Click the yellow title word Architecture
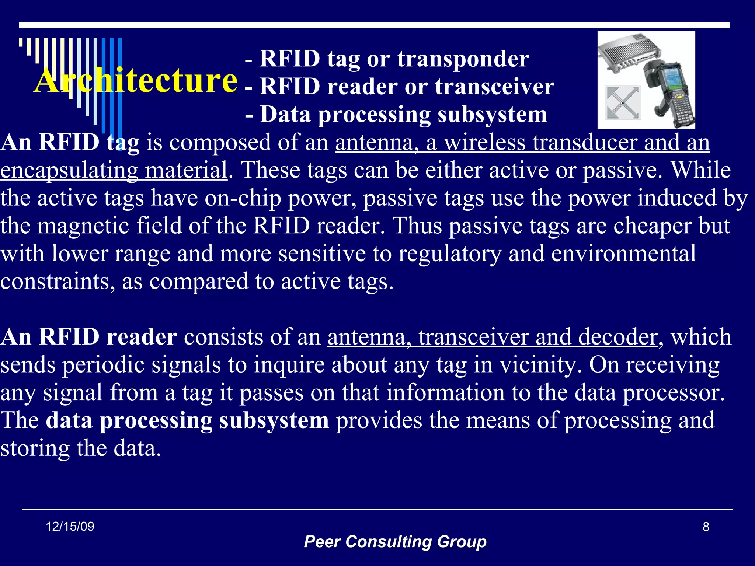point(136,80)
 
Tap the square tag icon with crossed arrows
point(623,103)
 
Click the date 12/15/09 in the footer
point(70,527)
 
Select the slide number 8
point(706,527)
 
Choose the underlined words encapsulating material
point(114,171)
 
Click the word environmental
point(623,254)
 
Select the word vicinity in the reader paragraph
point(540,365)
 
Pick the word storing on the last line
point(35,448)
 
